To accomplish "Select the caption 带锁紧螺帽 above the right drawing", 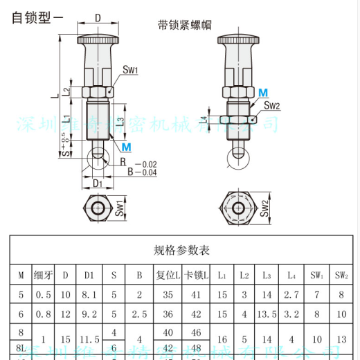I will (184, 26).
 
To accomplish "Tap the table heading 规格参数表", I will (181, 249).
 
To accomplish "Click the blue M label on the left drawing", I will (125, 147).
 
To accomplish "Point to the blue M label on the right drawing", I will (263, 93).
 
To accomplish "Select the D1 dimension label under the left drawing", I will (97, 183).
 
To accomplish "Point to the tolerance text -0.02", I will (146, 164).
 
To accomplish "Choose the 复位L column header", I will (168, 275).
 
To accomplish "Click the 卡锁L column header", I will (196, 275).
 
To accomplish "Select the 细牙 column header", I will (44, 275).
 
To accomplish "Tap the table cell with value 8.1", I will (89, 294).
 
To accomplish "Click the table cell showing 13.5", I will (266, 314).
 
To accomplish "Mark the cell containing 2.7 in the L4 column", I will (291, 294).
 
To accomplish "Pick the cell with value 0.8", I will (44, 314).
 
